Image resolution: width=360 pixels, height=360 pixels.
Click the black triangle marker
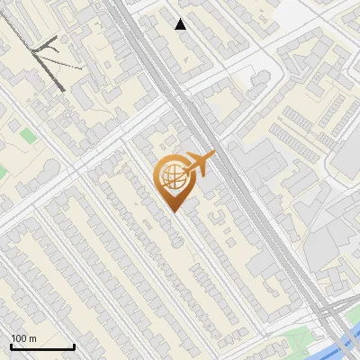point(181,24)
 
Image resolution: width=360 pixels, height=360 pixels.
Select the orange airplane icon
point(199,166)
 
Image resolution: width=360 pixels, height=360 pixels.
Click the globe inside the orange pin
point(171,177)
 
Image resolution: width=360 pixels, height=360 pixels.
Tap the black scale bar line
point(42,346)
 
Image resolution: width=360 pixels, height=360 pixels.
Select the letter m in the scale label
point(32,338)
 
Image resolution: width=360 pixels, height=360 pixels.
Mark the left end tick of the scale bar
point(11,345)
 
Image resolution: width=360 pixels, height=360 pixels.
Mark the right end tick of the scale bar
point(74,345)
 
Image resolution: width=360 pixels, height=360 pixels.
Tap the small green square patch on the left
point(29,136)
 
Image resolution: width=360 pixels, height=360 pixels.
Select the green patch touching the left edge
point(3,171)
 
